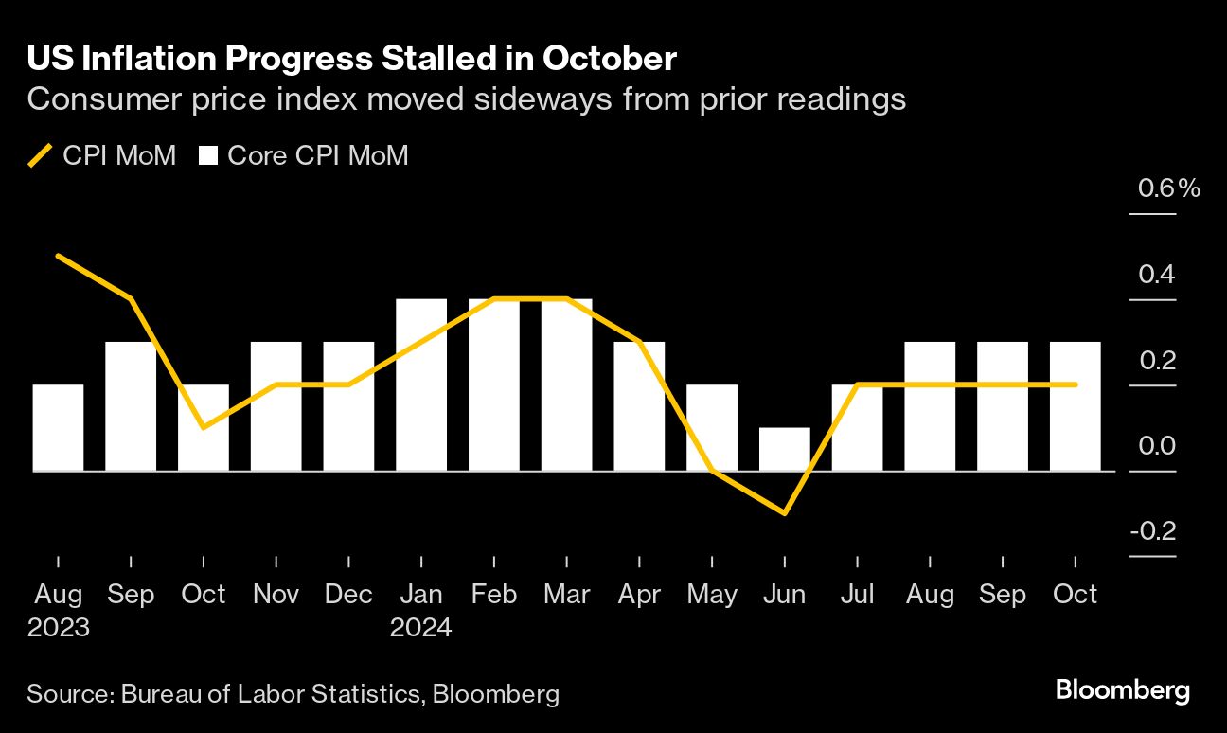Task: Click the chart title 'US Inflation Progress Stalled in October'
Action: pos(351,60)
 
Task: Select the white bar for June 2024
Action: pos(785,449)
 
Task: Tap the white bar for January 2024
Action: pos(421,384)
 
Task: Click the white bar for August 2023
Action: pos(58,427)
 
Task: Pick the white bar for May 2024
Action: pos(712,427)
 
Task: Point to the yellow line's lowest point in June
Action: pos(785,513)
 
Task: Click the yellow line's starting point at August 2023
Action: pos(58,256)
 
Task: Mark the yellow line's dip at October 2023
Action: pos(204,427)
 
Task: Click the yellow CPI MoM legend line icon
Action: pos(40,155)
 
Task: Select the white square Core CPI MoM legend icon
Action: pos(207,155)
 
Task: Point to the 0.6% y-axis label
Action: pos(1168,188)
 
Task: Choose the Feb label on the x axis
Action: pos(494,595)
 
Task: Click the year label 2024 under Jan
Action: pos(421,627)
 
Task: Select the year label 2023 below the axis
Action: pos(59,627)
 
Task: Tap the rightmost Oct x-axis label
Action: pos(1076,595)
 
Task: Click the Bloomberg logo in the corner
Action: pos(1123,690)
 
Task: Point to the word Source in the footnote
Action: pos(68,694)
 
